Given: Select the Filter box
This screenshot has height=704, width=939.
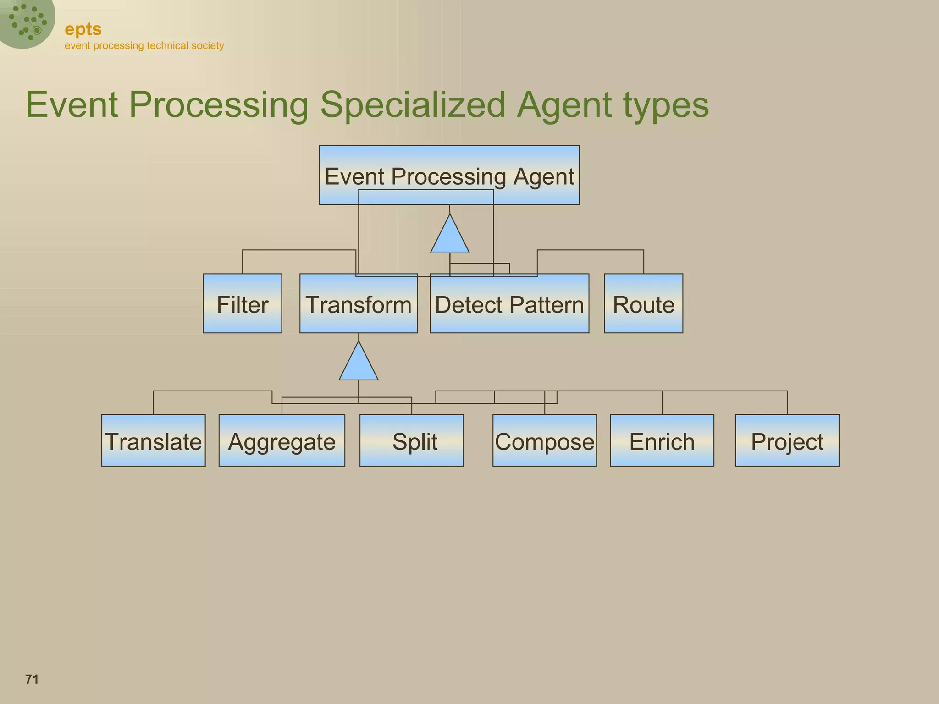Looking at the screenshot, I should coord(242,303).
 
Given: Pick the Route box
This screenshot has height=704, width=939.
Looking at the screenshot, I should coord(643,303).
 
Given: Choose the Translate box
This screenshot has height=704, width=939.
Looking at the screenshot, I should coord(153,440).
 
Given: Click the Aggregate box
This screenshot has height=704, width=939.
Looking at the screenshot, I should coord(282,440).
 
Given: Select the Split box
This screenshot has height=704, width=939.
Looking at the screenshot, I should coord(411,440).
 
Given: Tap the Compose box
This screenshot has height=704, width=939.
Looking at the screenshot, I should coord(544,440).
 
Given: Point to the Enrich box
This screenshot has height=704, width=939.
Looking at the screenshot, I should coord(662,440).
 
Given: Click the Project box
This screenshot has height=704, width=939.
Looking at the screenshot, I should coord(787,440).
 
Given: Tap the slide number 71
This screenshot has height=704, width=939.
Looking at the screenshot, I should coord(32,679).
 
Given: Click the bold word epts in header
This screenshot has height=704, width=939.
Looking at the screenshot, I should coord(83,29).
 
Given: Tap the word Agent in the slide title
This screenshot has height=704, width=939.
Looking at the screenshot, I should coord(564,105).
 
